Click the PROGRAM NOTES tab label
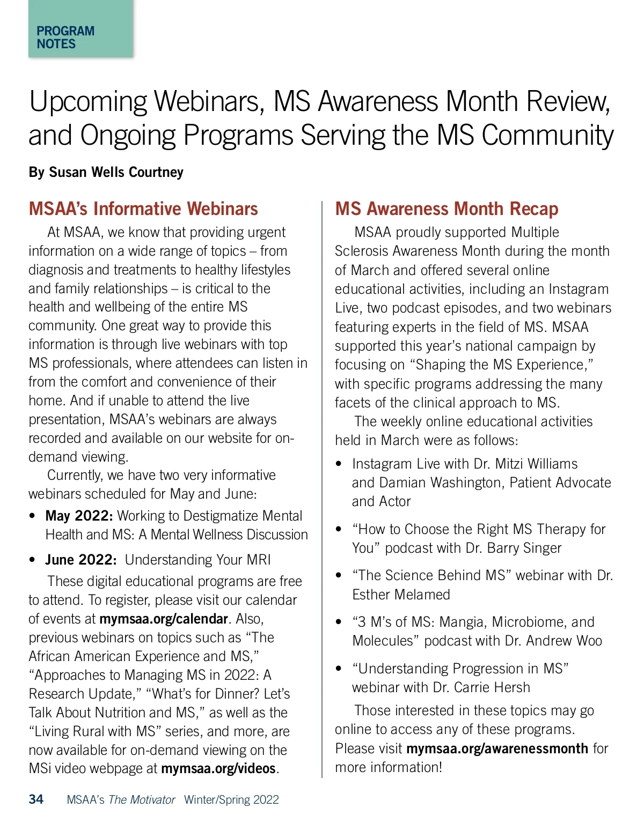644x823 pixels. (x=65, y=38)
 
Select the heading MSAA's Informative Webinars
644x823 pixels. (x=143, y=209)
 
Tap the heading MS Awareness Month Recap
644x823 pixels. (x=447, y=209)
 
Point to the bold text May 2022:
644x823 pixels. (x=79, y=516)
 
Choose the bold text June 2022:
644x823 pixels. (x=80, y=560)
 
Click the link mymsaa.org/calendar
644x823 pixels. (x=164, y=619)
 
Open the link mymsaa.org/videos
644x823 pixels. (x=218, y=768)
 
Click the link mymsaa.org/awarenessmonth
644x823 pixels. (x=497, y=748)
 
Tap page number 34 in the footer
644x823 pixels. (x=36, y=799)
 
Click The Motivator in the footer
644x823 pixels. (x=142, y=800)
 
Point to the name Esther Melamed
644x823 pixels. (x=401, y=595)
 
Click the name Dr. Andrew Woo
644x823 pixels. (x=564, y=641)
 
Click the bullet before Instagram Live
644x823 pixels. (x=339, y=464)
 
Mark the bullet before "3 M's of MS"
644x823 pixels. (x=339, y=622)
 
